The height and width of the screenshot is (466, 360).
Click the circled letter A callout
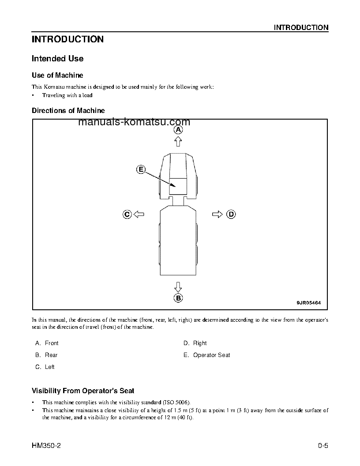pyautogui.click(x=178, y=130)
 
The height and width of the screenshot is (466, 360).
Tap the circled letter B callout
pyautogui.click(x=178, y=298)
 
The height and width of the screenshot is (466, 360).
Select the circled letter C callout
pyautogui.click(x=127, y=214)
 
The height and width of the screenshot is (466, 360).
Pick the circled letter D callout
pyautogui.click(x=231, y=214)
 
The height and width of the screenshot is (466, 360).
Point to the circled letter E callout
pyautogui.click(x=141, y=169)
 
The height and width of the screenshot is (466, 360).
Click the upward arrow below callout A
pyautogui.click(x=178, y=141)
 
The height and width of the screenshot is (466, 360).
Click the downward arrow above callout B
pyautogui.click(x=178, y=286)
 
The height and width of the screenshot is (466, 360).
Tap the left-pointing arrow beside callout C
pyautogui.click(x=139, y=214)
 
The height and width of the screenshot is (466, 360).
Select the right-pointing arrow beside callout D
pyautogui.click(x=217, y=214)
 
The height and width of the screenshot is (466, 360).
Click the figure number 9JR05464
pyautogui.click(x=308, y=303)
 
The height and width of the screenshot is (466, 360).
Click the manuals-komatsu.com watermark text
pyautogui.click(x=134, y=122)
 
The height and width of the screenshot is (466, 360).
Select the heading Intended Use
pyautogui.click(x=57, y=59)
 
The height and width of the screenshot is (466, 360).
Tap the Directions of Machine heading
pyautogui.click(x=68, y=110)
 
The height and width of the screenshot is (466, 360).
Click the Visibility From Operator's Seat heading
pyautogui.click(x=83, y=391)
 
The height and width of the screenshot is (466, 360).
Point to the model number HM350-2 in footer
pyautogui.click(x=46, y=446)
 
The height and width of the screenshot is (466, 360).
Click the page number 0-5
pyautogui.click(x=322, y=446)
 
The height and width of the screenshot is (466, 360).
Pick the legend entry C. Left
pyautogui.click(x=45, y=367)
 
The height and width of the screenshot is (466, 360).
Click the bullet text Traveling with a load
pyautogui.click(x=67, y=95)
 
